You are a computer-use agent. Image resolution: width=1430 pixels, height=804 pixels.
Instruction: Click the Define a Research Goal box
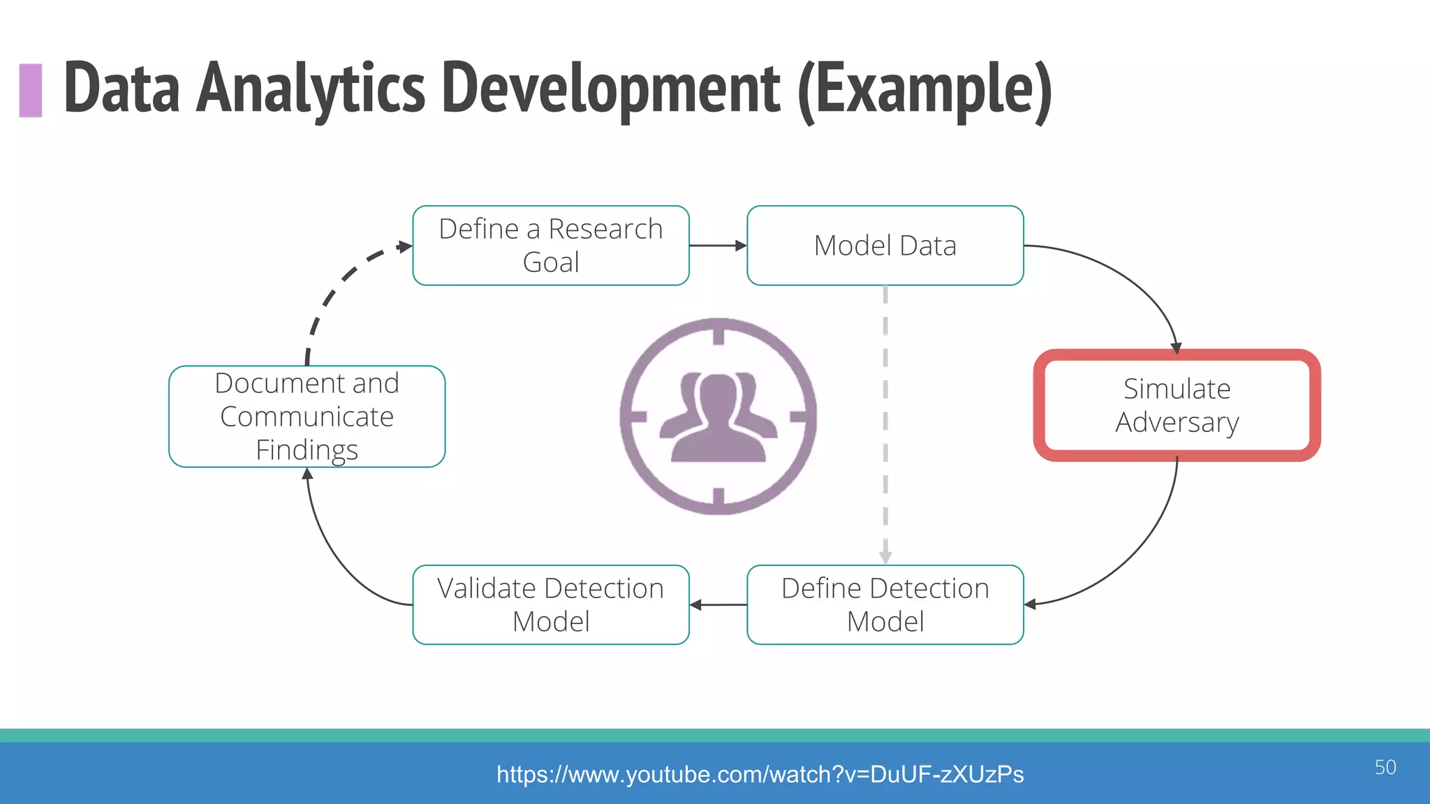tap(551, 246)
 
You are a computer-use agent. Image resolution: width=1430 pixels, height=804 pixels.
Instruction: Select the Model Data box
tap(885, 246)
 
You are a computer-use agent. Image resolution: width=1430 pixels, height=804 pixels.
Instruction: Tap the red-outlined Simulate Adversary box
tap(1177, 405)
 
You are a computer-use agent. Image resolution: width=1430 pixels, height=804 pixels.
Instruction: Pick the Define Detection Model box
tap(885, 604)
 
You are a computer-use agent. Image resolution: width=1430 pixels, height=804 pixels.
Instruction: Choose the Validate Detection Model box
tap(551, 604)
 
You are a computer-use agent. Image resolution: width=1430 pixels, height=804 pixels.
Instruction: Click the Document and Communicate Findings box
tap(307, 417)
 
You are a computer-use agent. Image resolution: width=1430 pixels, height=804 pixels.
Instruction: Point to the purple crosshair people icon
tap(718, 417)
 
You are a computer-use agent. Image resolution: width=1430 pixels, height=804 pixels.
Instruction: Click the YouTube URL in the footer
tap(760, 774)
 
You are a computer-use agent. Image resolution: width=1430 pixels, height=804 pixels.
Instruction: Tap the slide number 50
tap(1385, 767)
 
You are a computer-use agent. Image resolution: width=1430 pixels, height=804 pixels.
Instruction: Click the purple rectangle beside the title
tap(31, 90)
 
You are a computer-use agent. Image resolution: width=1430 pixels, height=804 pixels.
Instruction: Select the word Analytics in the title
tap(310, 89)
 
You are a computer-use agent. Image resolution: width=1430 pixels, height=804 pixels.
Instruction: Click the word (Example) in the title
tap(924, 89)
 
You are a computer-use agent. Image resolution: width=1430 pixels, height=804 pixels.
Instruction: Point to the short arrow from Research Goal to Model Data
tap(718, 246)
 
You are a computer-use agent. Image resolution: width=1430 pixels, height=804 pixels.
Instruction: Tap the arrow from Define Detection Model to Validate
tap(718, 604)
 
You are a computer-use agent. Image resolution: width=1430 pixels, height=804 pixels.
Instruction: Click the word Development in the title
tap(611, 89)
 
